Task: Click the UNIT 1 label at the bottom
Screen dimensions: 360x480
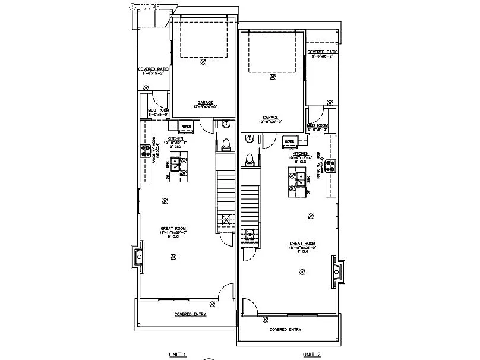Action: click(x=178, y=355)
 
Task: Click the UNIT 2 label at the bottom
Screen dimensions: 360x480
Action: click(x=311, y=355)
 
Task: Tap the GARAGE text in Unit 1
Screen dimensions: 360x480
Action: click(x=206, y=102)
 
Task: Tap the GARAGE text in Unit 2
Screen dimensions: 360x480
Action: click(x=270, y=118)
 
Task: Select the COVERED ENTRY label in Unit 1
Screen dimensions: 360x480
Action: click(x=190, y=314)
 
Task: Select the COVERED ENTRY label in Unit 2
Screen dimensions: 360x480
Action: click(x=285, y=329)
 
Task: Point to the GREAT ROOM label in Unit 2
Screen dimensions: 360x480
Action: click(x=302, y=244)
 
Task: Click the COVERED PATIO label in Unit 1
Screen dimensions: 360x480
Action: click(x=153, y=69)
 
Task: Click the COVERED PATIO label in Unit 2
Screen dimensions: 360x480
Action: click(x=323, y=52)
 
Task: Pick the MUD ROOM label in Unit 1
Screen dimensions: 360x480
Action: click(x=159, y=110)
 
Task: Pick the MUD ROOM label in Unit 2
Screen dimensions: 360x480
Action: click(x=317, y=126)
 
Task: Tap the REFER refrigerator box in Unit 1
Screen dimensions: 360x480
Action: click(x=186, y=126)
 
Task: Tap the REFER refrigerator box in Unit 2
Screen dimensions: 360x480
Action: click(x=290, y=141)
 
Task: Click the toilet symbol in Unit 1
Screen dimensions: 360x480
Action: click(x=226, y=144)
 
